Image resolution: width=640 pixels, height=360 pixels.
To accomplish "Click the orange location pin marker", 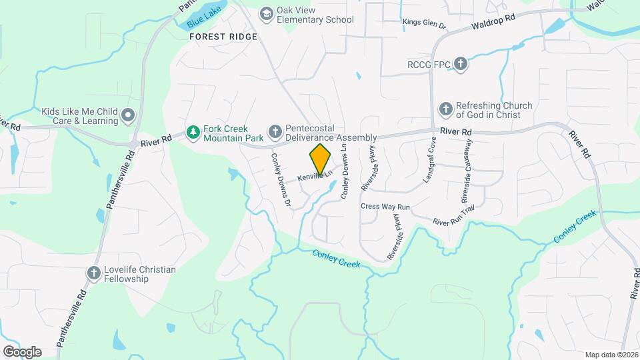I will pos(321,159).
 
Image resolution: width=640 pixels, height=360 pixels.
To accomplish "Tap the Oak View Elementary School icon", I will pos(267,13).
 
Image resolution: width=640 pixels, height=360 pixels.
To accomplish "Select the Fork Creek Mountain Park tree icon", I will pos(193,133).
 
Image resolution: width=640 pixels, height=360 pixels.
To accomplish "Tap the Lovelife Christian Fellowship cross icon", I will pos(94,273).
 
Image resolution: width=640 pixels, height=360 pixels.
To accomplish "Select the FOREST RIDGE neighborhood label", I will pos(223,37).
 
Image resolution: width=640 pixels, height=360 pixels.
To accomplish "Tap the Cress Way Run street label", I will pos(385,207).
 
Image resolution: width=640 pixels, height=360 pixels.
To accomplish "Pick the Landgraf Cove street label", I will pos(429,160).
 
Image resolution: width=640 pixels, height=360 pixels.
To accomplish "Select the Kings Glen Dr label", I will pos(423,23).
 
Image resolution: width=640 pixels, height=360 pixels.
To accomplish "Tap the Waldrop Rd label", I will pos(494,18).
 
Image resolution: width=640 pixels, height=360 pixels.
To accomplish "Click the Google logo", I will pos(22,351).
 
